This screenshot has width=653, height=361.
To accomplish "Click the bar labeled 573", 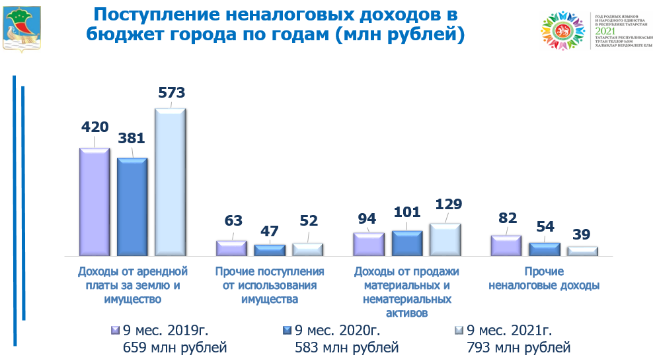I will tap(170, 181).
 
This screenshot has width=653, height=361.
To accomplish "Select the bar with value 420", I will tap(94, 201).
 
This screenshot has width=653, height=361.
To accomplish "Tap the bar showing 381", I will tap(132, 206).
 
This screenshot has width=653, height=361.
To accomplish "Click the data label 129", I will tap(445, 204).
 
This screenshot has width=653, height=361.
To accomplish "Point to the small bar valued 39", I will tap(582, 251).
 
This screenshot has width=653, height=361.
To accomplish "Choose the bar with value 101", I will tap(406, 242).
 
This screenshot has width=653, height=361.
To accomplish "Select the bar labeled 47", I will tap(269, 249).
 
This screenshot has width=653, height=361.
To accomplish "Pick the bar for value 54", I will tap(544, 249).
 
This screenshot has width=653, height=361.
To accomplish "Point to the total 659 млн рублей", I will tap(174, 346).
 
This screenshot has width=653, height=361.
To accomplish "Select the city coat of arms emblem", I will tap(21, 28).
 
